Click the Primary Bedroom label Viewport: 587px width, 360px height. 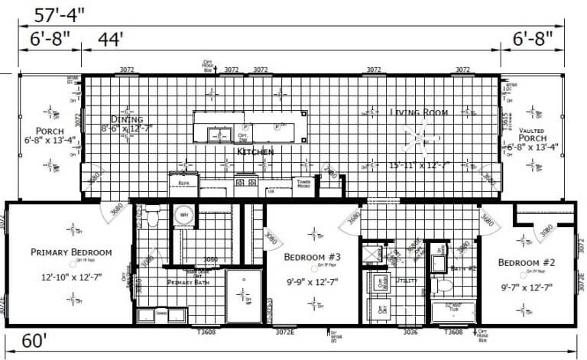[x=71, y=252]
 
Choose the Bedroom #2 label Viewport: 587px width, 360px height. [x=527, y=263]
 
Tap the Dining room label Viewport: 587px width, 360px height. [x=127, y=119]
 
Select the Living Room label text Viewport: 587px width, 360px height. [x=418, y=112]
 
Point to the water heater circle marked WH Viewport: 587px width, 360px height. [x=183, y=216]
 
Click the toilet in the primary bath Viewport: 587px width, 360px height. [x=151, y=219]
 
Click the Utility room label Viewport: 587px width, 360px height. [x=407, y=281]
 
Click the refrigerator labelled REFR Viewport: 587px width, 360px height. [x=184, y=183]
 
